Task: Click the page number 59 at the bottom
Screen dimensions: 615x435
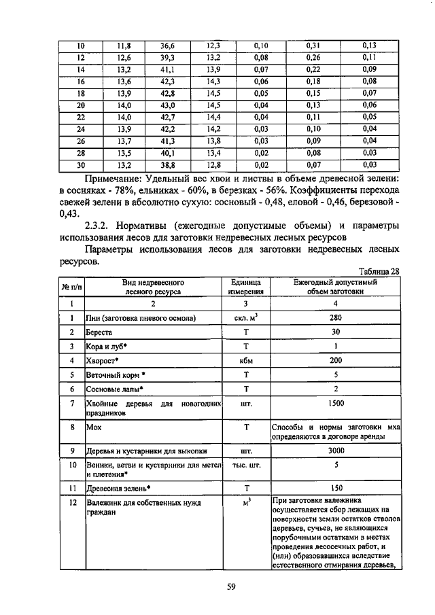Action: (x=230, y=588)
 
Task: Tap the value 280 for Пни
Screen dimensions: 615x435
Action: (x=335, y=317)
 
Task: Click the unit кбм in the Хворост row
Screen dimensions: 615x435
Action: (x=247, y=360)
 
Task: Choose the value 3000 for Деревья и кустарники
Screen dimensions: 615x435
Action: (x=335, y=450)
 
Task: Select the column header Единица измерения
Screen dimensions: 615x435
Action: (x=247, y=285)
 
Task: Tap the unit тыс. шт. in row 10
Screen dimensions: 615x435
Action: (x=247, y=465)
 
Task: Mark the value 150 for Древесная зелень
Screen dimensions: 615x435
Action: (x=335, y=487)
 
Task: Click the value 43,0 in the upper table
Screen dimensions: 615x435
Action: (x=168, y=105)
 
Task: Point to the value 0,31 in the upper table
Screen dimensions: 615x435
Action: (x=313, y=46)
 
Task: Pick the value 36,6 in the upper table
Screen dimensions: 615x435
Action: (x=168, y=46)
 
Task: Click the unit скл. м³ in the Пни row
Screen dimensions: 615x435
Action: (x=247, y=317)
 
